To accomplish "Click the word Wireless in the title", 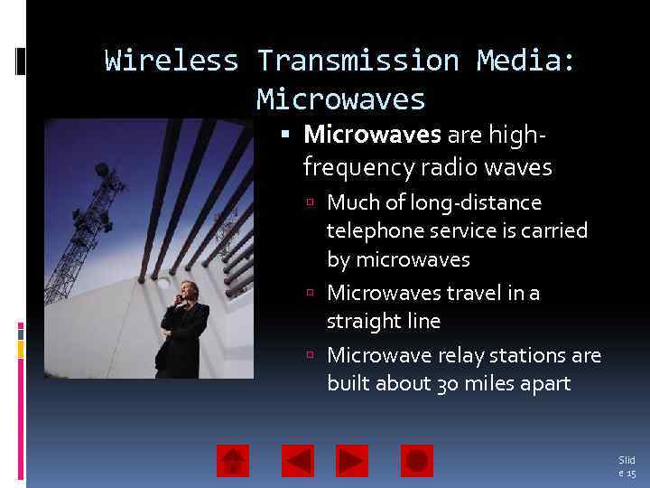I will click(172, 61).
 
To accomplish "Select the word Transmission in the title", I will click(357, 61).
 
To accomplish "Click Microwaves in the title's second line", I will click(340, 98).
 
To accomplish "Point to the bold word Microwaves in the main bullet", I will click(372, 135).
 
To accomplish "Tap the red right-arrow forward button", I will click(352, 461).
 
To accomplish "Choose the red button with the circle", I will click(417, 461).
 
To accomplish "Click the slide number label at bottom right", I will click(627, 466).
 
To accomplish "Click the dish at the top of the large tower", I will click(102, 169).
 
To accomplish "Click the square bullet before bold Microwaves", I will click(286, 136).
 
